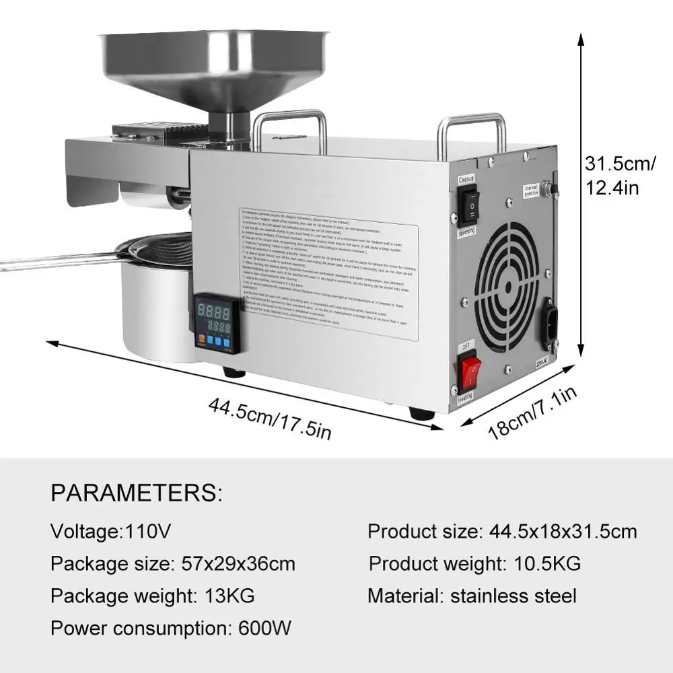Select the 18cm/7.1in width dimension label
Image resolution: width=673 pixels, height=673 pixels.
(x=532, y=413)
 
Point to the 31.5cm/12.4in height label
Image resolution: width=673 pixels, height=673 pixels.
(x=620, y=175)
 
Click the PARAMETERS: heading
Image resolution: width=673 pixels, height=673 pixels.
(x=136, y=493)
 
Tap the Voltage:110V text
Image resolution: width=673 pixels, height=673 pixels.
(x=111, y=532)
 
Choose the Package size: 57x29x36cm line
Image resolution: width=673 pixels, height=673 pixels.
(x=173, y=563)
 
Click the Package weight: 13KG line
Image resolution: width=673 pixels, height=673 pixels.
(x=153, y=596)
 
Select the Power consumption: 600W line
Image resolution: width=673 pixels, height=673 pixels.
(x=171, y=629)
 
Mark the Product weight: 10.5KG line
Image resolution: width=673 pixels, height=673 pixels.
(x=474, y=563)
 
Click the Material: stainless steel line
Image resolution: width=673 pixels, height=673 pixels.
(x=472, y=596)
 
